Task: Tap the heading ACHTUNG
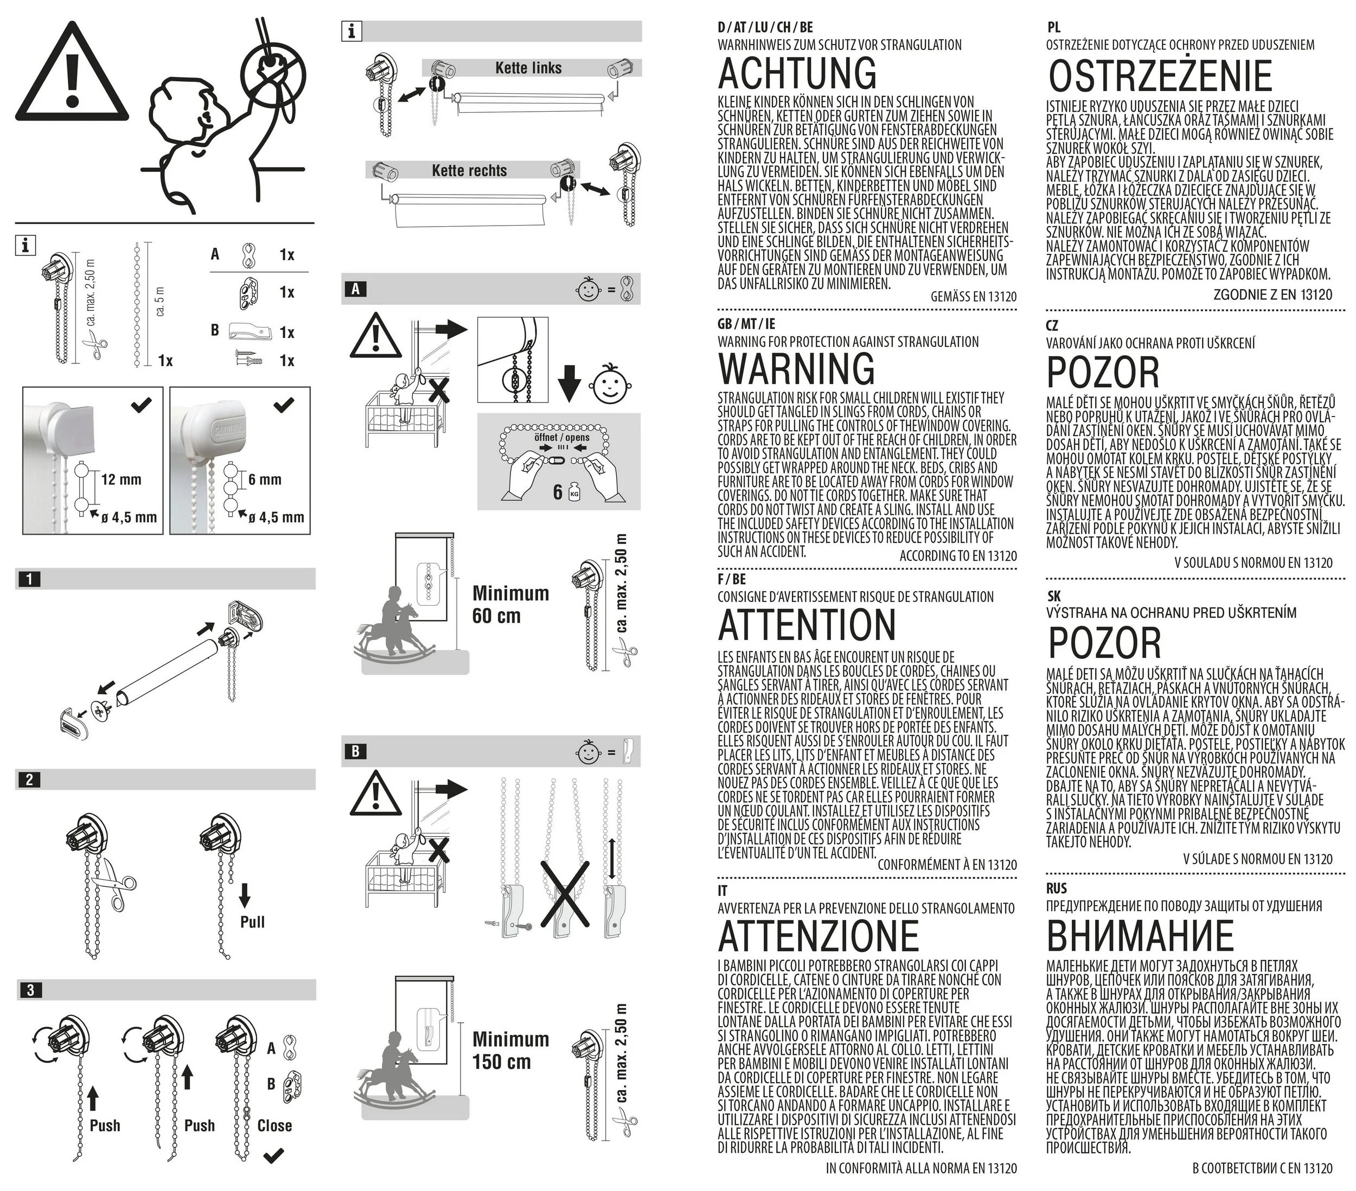(x=797, y=73)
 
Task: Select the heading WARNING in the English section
(x=797, y=369)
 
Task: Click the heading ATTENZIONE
(x=818, y=936)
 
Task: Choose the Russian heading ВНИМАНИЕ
(x=1140, y=936)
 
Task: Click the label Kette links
(x=528, y=68)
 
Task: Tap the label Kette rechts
(x=469, y=170)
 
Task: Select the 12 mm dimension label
(x=121, y=479)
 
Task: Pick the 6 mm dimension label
(x=265, y=479)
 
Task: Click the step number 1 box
(x=29, y=579)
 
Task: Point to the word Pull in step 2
(x=252, y=921)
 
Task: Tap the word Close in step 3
(x=274, y=1125)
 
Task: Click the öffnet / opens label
(x=561, y=437)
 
